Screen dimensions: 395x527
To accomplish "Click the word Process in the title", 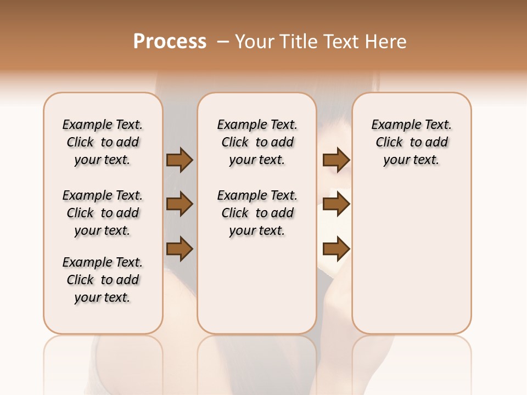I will [170, 42].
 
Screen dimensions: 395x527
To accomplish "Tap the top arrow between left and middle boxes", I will [180, 160].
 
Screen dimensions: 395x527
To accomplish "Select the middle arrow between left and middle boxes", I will [180, 205].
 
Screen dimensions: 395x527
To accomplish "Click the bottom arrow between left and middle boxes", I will [180, 249].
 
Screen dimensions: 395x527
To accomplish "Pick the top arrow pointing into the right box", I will [336, 160].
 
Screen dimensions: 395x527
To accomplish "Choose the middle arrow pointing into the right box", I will [336, 205].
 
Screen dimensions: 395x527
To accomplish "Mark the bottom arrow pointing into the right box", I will [336, 249].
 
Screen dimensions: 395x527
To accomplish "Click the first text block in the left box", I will [103, 142].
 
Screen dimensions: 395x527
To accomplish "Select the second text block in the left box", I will [103, 213].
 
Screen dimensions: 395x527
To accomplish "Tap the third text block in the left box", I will [103, 280].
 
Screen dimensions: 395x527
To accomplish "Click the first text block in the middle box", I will [257, 142].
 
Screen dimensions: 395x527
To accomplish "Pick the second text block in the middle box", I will [257, 213].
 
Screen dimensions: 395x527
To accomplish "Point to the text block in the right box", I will [411, 142].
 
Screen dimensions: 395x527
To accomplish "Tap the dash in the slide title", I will [222, 42].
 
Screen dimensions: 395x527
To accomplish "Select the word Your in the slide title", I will [254, 42].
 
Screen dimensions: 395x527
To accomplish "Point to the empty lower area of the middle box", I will [257, 285].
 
